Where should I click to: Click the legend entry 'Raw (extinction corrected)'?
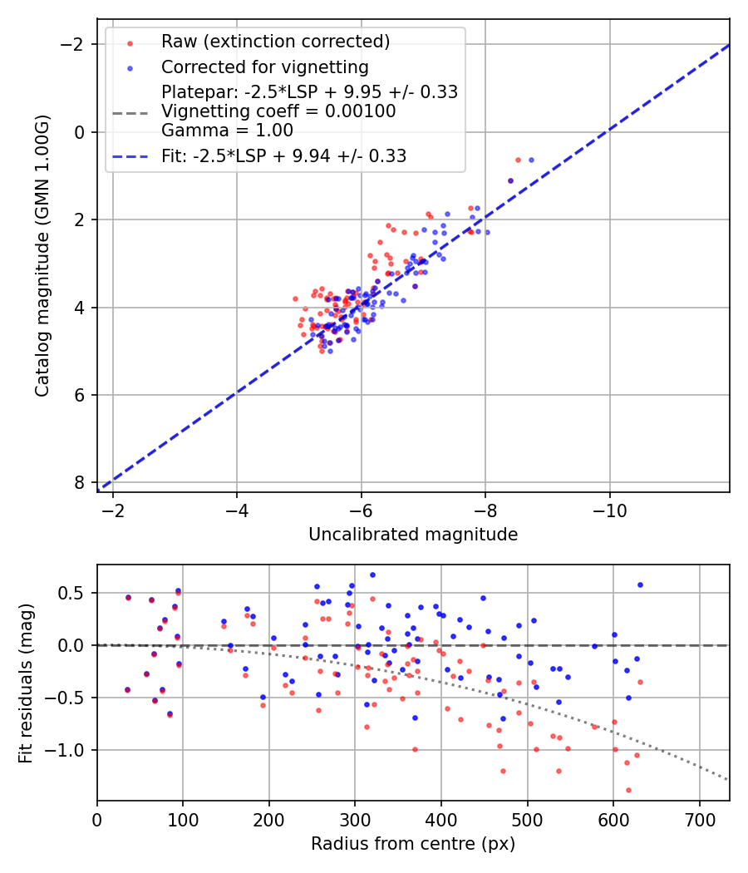click(275, 42)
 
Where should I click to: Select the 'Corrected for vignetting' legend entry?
click(265, 67)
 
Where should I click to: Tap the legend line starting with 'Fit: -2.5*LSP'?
click(283, 155)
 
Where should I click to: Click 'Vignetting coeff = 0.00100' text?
click(278, 111)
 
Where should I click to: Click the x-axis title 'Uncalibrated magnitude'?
click(413, 535)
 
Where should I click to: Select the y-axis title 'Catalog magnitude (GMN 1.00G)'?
click(43, 256)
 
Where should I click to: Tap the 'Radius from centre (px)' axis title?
click(413, 844)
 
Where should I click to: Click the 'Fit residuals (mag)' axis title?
click(26, 683)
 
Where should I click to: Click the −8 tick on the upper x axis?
click(485, 509)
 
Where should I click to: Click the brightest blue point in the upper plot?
click(531, 160)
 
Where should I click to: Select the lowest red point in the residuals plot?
click(512, 790)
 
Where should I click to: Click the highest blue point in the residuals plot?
click(372, 575)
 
